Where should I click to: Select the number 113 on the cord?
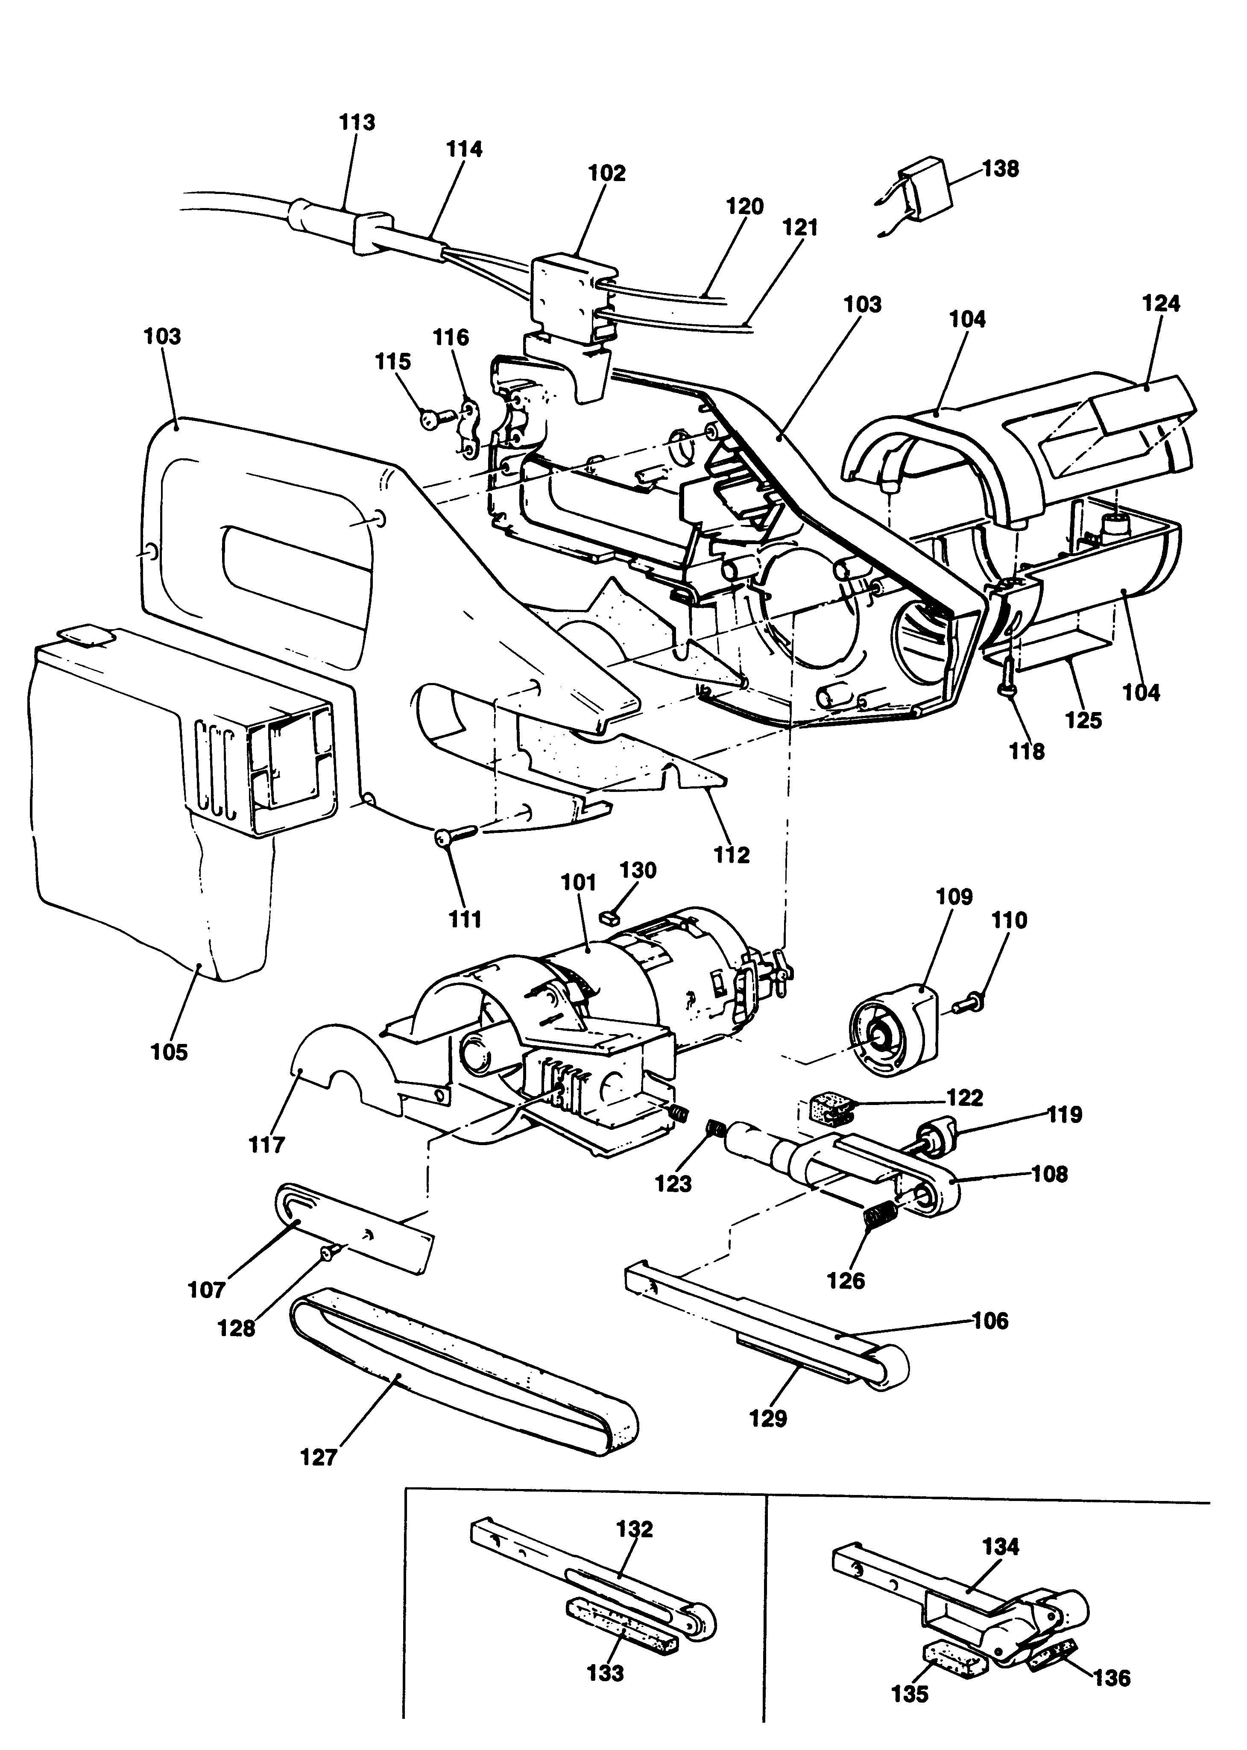pyautogui.click(x=357, y=122)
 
